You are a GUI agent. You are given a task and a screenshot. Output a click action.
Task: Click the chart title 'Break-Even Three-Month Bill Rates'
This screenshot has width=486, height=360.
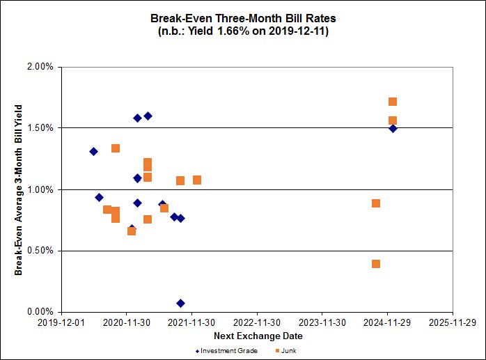(x=243, y=19)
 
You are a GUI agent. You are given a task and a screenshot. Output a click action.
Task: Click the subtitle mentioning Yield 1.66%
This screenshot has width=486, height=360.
(x=243, y=32)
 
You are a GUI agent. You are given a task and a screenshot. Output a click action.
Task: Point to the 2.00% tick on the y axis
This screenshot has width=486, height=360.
(x=40, y=67)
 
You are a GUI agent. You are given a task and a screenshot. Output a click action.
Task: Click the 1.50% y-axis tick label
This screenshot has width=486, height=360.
(x=40, y=128)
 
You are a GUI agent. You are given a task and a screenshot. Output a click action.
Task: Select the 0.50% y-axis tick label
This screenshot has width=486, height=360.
(x=40, y=251)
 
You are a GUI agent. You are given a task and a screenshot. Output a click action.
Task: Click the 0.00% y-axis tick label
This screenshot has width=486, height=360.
(x=40, y=312)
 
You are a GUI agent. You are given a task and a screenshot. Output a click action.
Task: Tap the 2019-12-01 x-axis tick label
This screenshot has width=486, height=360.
(x=61, y=323)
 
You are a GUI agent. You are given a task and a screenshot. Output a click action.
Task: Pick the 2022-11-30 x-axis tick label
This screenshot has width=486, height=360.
(x=257, y=323)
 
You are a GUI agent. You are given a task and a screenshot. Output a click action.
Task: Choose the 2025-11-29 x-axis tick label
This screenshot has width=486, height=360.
(x=453, y=323)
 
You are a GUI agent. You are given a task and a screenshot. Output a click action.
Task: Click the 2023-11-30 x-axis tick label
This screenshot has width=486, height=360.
(x=322, y=323)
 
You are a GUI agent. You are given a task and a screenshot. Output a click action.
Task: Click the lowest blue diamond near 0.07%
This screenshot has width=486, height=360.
(x=180, y=303)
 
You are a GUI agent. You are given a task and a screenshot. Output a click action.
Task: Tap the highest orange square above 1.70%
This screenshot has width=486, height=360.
(x=393, y=102)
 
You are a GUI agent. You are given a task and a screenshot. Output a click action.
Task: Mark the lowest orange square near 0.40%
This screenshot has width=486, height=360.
(x=376, y=264)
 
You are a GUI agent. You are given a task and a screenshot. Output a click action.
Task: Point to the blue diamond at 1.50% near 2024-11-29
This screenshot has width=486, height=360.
(x=393, y=128)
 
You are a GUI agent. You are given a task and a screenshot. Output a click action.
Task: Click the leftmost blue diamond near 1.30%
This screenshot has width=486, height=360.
(x=94, y=151)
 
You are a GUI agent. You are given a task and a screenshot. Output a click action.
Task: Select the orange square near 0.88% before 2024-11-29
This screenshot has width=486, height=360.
(x=376, y=203)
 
